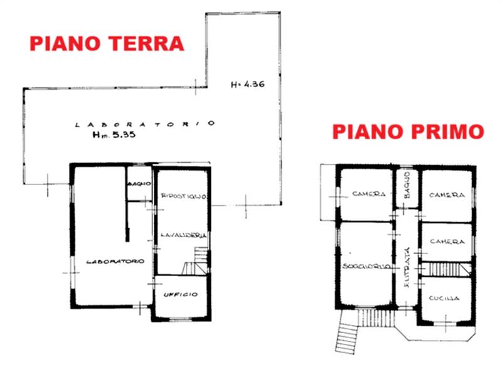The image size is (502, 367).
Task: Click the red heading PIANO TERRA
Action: point(107,43)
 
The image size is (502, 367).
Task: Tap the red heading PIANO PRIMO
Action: point(408,132)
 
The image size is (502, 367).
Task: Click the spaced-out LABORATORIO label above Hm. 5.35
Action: point(145,124)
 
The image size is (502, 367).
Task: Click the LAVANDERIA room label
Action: point(183,235)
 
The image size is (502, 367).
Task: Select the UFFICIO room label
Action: point(181,294)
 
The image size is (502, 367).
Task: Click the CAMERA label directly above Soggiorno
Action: point(368,194)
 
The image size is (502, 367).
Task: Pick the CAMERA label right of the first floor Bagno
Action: point(447,195)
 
